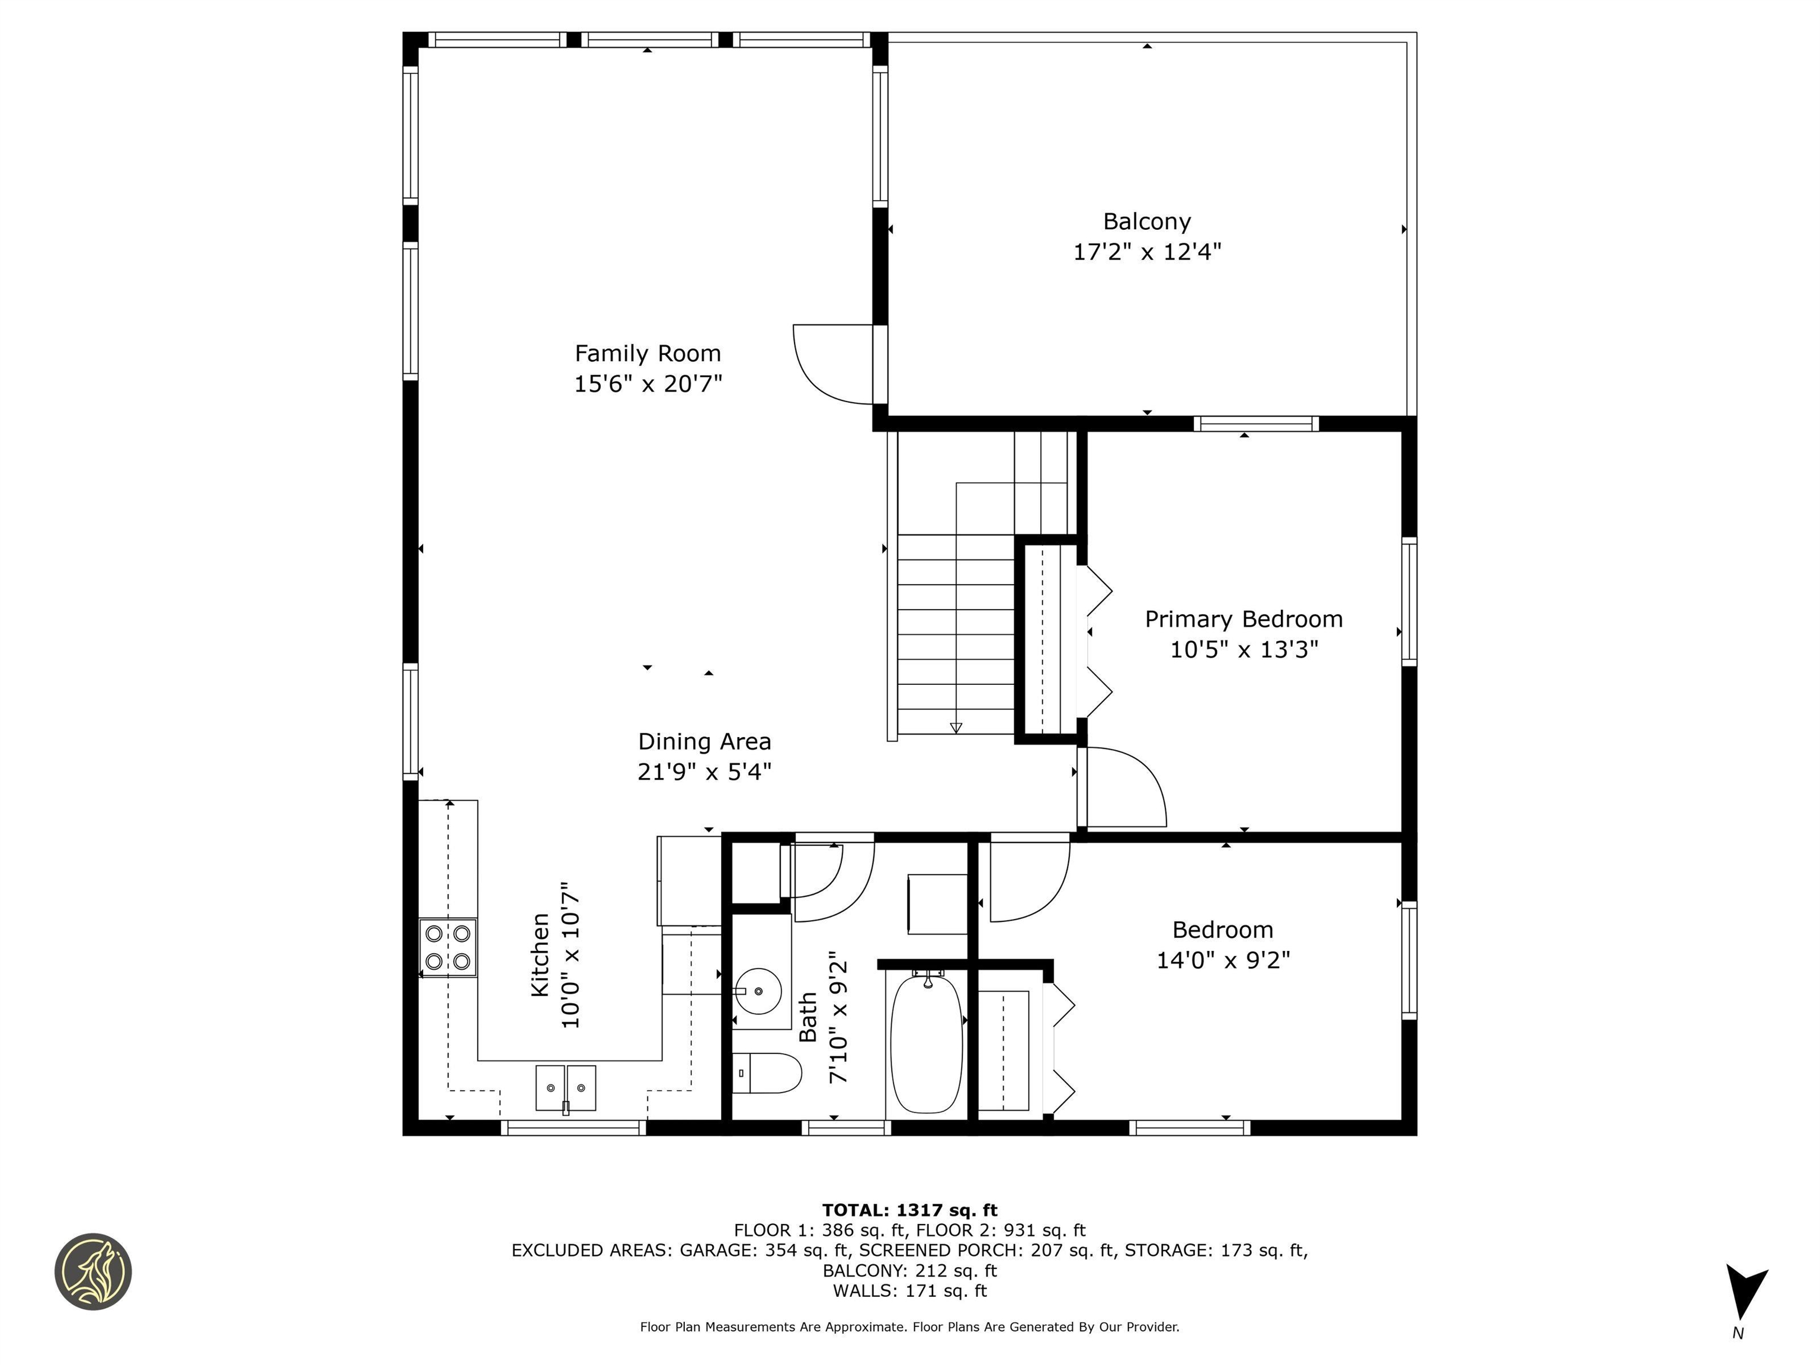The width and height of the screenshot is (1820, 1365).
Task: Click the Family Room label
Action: [648, 354]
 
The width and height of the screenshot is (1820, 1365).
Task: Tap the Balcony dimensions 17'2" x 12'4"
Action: [1146, 252]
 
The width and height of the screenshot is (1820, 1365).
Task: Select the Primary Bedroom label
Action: [1243, 620]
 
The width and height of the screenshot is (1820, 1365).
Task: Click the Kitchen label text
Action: [540, 954]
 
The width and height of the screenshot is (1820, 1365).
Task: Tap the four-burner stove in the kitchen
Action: [448, 947]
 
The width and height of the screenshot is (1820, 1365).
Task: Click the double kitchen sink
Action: [565, 1088]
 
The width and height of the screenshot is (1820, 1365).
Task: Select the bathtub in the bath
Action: [927, 1043]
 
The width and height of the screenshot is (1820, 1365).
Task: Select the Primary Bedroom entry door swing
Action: [1123, 788]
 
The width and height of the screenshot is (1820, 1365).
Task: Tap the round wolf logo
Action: [93, 1271]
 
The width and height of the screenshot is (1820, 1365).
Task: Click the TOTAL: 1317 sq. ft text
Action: [909, 1210]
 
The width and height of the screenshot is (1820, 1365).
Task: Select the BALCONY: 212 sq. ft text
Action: [909, 1270]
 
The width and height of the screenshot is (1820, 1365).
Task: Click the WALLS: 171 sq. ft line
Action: [909, 1290]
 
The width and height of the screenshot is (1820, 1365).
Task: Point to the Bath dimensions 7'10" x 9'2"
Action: [838, 1018]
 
